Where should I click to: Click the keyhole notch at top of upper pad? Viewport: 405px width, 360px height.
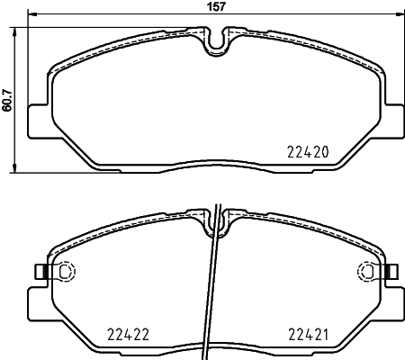[x=216, y=40]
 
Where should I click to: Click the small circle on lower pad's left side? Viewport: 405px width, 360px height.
[x=64, y=271]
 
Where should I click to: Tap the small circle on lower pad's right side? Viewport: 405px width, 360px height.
[x=366, y=271]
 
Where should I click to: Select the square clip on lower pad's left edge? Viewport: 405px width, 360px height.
[x=38, y=271]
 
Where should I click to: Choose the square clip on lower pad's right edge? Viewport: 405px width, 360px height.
[x=392, y=271]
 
